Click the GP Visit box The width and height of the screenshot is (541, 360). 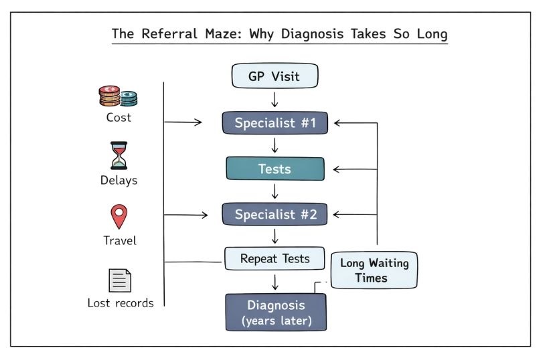[275, 76]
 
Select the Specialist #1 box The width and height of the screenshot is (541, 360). [275, 123]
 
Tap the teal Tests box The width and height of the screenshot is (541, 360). [275, 169]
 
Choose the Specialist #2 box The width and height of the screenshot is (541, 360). [275, 215]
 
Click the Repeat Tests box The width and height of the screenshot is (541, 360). [275, 258]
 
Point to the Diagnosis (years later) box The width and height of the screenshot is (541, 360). [275, 312]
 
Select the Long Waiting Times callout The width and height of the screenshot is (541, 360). [374, 270]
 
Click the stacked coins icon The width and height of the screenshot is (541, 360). [118, 96]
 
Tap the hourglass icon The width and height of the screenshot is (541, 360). [118, 155]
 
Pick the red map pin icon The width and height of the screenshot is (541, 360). [119, 217]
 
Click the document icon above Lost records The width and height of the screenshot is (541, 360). [119, 280]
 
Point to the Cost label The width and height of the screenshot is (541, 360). [119, 118]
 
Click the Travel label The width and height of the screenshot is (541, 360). [119, 241]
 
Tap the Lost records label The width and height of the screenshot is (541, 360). [121, 303]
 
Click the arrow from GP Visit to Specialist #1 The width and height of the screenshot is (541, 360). [275, 100]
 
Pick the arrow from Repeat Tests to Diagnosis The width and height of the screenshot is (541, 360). [275, 281]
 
